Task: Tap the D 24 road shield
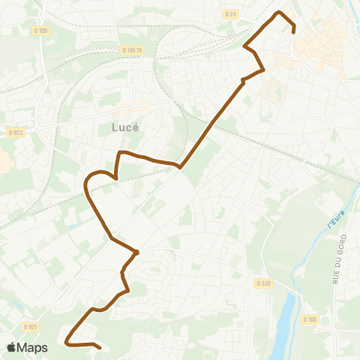(230, 13)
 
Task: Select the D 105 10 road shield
(131, 50)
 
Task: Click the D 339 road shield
(262, 283)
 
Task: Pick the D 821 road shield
(30, 326)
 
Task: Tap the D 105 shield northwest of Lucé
(40, 31)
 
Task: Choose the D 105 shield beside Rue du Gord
(310, 319)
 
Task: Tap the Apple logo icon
(11, 347)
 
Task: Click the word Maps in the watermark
(32, 347)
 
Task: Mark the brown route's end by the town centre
(293, 31)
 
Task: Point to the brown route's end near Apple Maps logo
(100, 347)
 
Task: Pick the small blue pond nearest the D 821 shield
(15, 301)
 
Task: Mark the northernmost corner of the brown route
(280, 12)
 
